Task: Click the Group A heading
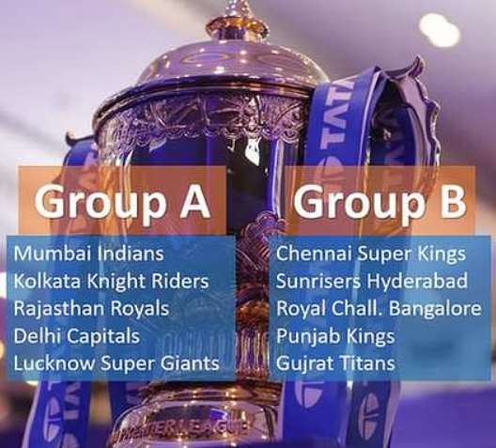point(122,202)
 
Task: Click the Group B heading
point(380,202)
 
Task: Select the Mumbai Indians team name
point(89,253)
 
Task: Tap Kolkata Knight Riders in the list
point(111,281)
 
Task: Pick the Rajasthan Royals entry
point(91,308)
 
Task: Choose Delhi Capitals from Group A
point(76,335)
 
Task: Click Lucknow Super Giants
point(116,363)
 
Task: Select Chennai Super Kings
point(371,254)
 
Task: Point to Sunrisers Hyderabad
point(372,281)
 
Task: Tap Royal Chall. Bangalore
point(379,308)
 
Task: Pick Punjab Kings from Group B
point(335,336)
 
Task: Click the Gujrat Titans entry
point(335,363)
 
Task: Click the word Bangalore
point(435,308)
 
